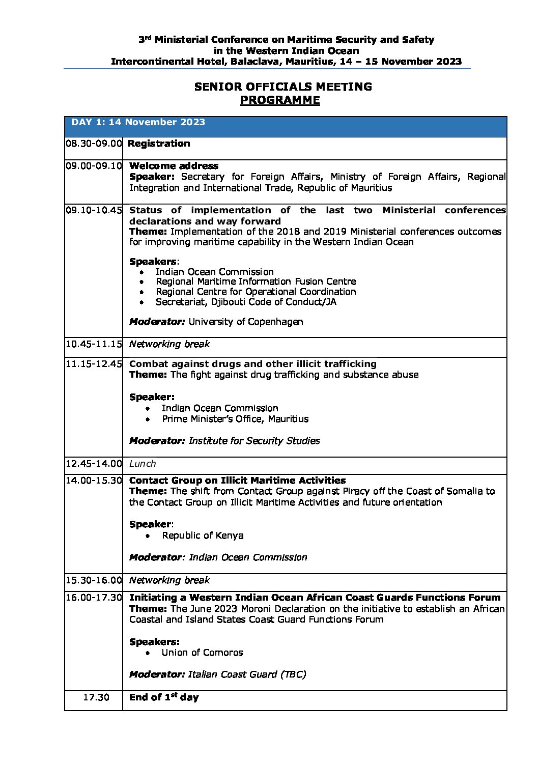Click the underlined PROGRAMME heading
click(280, 100)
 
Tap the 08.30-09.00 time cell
click(94, 144)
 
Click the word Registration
click(159, 144)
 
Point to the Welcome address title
click(174, 166)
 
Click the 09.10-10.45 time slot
click(94, 210)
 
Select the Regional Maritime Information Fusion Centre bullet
click(256, 281)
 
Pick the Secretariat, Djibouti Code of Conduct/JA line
click(246, 302)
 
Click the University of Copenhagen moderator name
click(245, 322)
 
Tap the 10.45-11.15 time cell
click(94, 344)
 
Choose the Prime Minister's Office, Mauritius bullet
click(235, 419)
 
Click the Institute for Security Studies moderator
click(254, 441)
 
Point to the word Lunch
click(143, 464)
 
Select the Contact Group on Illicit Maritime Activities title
click(237, 481)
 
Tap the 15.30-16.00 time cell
click(94, 580)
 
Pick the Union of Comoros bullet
click(202, 653)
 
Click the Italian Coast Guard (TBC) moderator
click(247, 674)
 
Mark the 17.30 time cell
click(96, 697)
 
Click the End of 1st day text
click(163, 697)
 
